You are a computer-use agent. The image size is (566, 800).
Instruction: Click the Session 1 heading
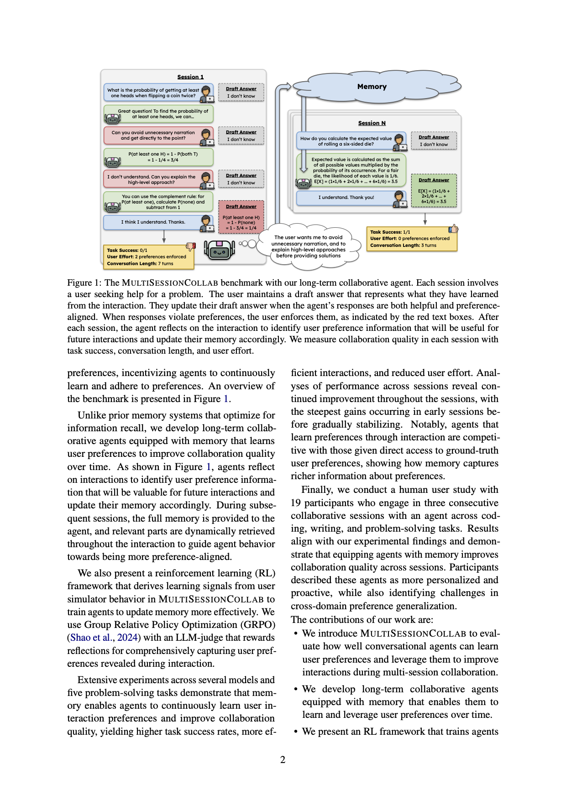[190, 77]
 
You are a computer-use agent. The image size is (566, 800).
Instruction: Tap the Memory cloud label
[372, 87]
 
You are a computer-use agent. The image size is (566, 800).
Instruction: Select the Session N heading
[372, 123]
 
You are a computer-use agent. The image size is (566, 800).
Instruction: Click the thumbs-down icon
[191, 247]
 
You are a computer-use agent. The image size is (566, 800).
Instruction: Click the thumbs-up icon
[453, 229]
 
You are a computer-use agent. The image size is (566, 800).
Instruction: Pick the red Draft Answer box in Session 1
[241, 216]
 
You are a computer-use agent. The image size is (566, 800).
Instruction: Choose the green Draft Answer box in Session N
[434, 190]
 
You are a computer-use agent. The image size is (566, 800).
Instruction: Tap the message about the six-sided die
[346, 141]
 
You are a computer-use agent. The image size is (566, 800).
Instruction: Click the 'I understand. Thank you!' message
[346, 198]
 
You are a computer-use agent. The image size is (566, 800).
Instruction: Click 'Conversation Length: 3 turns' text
[403, 246]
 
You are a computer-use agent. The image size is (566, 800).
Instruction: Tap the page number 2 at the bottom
[283, 759]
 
